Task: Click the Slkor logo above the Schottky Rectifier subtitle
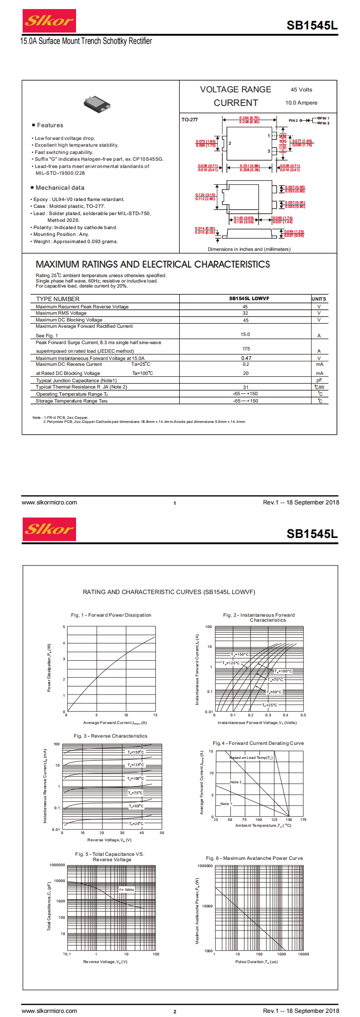coord(49,21)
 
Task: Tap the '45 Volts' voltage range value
coord(301,90)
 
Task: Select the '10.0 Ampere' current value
coord(301,103)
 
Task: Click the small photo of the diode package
coord(97,104)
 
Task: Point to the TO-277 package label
coord(190,120)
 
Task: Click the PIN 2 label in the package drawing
coord(293,120)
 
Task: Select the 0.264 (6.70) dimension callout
coord(249,118)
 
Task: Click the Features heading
coord(50,125)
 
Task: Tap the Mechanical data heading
coord(60,188)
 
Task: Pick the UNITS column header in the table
coord(319,299)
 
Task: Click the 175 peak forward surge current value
coord(246,349)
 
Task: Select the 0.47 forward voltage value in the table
coord(246,358)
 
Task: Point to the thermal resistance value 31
coord(245,387)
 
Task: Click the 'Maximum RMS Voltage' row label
coord(61,313)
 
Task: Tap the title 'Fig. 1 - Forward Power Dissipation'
coord(111,615)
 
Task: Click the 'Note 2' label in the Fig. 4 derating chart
coord(235,782)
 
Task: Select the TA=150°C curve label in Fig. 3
coord(135,752)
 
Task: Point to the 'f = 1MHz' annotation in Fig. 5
coord(127,890)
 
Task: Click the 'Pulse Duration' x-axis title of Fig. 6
coord(256,962)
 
